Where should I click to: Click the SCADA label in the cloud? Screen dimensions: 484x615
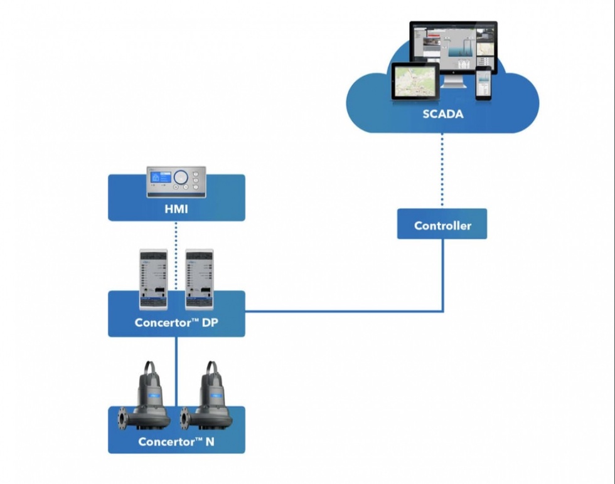click(x=442, y=113)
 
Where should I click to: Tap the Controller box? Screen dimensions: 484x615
click(x=442, y=224)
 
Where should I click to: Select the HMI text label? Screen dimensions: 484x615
click(x=176, y=209)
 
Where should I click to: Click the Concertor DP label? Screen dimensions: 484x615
click(x=176, y=323)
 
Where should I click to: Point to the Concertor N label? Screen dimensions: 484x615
click(x=176, y=441)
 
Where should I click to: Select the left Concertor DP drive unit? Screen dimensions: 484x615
click(x=153, y=279)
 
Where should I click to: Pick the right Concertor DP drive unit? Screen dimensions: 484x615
click(x=199, y=279)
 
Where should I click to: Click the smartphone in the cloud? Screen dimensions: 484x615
click(x=483, y=83)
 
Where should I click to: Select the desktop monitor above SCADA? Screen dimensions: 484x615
click(x=453, y=47)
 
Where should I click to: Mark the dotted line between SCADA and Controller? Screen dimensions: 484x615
click(x=442, y=169)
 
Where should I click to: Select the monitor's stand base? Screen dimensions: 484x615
click(x=455, y=85)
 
